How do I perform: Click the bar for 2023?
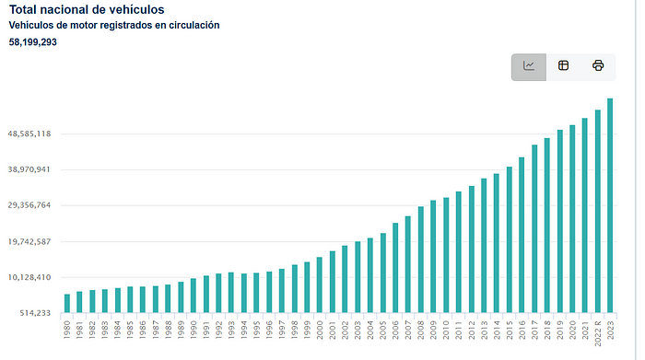pos(610,205)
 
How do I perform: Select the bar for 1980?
pos(67,303)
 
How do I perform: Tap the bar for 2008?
pos(421,260)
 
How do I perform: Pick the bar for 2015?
pos(510,239)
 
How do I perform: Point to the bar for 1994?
pos(244,293)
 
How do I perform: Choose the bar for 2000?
pos(320,285)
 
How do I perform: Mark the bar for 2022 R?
pos(598,211)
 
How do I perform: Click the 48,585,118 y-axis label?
pos(29,134)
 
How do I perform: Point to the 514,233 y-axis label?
pos(35,313)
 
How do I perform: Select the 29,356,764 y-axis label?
pos(29,205)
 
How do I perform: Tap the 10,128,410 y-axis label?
pos(29,277)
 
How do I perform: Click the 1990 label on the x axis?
pos(193,330)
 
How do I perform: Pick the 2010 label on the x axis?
pos(446,330)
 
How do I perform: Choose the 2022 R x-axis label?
pos(598,333)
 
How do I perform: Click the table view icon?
pos(563,65)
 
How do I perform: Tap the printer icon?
pos(598,65)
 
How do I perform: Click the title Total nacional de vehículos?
pos(87,10)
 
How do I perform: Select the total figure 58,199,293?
pos(33,42)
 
